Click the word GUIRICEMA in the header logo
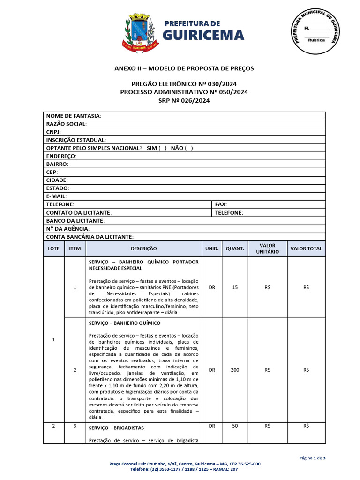(x=203, y=35)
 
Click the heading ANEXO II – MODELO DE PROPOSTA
(x=184, y=68)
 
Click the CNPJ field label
(x=53, y=132)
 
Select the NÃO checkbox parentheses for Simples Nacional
(x=188, y=148)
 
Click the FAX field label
(x=221, y=204)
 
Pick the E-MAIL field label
(x=56, y=196)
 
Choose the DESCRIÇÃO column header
(x=143, y=249)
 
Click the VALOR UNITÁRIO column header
(x=267, y=248)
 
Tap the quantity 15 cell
(x=235, y=287)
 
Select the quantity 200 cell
(x=235, y=370)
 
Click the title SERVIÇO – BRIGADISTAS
(x=116, y=428)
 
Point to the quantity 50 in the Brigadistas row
(x=235, y=426)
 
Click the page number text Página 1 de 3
(x=312, y=458)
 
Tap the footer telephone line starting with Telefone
(x=184, y=469)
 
